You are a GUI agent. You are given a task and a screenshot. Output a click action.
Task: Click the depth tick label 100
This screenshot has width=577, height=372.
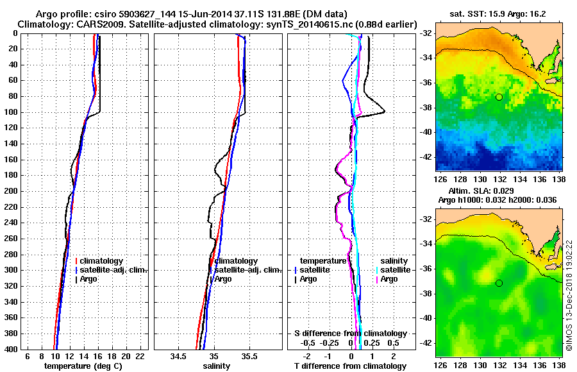pos(11,112)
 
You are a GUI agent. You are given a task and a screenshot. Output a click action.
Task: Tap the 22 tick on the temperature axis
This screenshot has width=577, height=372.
pos(140,356)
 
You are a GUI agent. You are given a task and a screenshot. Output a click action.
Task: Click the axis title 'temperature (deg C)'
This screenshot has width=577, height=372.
pos(83,366)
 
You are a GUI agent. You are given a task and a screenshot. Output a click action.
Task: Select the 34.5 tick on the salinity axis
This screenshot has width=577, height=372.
pos(180,356)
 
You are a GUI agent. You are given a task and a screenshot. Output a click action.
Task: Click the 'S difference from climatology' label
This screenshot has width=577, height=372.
pos(350,334)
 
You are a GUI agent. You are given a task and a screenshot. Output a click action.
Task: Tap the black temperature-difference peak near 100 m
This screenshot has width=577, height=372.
pos(384,112)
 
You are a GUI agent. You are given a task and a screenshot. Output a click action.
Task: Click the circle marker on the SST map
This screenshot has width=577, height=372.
pos(499,97)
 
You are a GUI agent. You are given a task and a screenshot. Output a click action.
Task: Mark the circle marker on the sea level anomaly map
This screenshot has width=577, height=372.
pos(499,283)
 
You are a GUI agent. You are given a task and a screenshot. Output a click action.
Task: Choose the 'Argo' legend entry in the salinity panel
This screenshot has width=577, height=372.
pos(223,279)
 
